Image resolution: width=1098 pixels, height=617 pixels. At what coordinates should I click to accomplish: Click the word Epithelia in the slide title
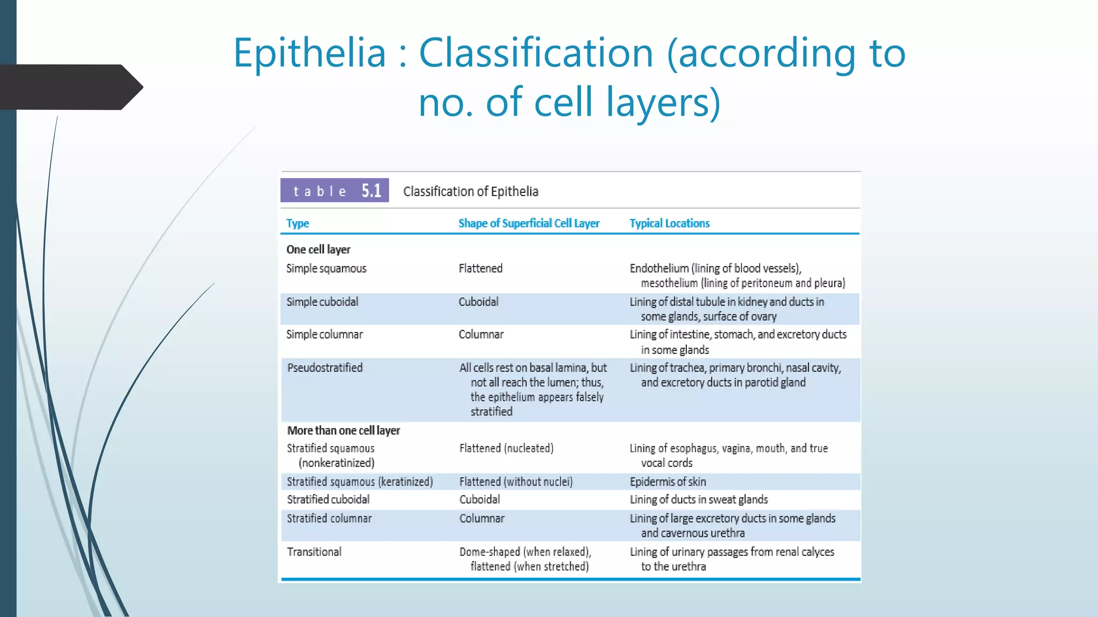click(309, 53)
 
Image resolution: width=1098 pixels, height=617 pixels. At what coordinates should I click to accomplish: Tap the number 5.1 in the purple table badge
click(371, 191)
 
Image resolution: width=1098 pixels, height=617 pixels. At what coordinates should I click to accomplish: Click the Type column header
click(298, 223)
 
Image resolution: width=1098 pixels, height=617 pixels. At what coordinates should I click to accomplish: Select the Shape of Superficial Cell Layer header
click(529, 223)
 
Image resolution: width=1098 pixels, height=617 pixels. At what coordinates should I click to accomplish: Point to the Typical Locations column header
click(669, 223)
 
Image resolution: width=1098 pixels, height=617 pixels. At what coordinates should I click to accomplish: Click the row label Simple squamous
click(326, 268)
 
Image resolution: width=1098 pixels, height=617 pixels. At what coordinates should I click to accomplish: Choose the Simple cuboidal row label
click(322, 302)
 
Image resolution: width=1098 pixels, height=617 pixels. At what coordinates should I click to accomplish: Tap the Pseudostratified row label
click(325, 368)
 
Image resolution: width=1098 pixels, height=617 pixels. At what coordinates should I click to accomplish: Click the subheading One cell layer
click(318, 250)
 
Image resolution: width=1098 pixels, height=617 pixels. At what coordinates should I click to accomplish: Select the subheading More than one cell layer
click(343, 431)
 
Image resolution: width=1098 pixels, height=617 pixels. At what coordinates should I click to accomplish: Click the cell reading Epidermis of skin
click(667, 482)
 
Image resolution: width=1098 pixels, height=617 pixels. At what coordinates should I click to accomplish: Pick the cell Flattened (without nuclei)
click(516, 482)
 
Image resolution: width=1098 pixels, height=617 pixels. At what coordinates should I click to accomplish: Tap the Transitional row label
click(314, 552)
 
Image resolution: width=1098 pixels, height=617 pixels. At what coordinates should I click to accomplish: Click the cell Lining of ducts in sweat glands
click(699, 500)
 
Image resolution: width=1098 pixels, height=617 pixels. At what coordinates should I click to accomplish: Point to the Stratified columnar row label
click(329, 518)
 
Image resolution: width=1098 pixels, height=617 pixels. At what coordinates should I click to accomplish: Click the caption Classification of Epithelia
click(470, 191)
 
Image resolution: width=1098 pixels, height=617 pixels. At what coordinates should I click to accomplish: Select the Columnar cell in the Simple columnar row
click(481, 335)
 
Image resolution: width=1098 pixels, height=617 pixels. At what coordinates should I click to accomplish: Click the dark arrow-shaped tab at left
click(70, 87)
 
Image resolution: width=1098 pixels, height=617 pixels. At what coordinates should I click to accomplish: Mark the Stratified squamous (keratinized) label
click(360, 482)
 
